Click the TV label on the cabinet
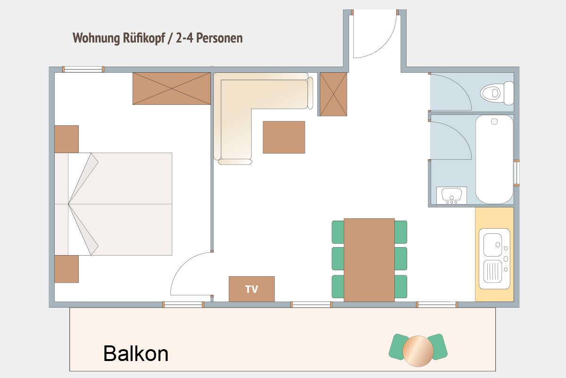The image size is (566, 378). tap(251, 289)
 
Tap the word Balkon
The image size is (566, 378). tap(136, 353)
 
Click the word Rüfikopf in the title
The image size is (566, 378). tap(144, 38)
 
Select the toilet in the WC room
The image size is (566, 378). tap(497, 93)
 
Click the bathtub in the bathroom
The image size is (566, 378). tap(494, 159)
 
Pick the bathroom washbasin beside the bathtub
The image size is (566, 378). tap(451, 196)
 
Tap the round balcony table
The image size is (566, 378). tap(418, 351)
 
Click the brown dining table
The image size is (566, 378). tap(369, 260)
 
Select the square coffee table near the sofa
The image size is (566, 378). tap(284, 137)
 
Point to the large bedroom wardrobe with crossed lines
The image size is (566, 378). tap(172, 89)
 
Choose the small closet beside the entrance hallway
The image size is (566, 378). tap(333, 94)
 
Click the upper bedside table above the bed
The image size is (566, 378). tap(67, 139)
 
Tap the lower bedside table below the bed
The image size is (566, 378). tap(67, 269)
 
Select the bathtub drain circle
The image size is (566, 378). tap(494, 122)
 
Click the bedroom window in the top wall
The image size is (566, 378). tap(83, 69)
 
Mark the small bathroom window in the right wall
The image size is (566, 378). tap(517, 173)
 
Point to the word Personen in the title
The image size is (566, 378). tap(219, 38)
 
